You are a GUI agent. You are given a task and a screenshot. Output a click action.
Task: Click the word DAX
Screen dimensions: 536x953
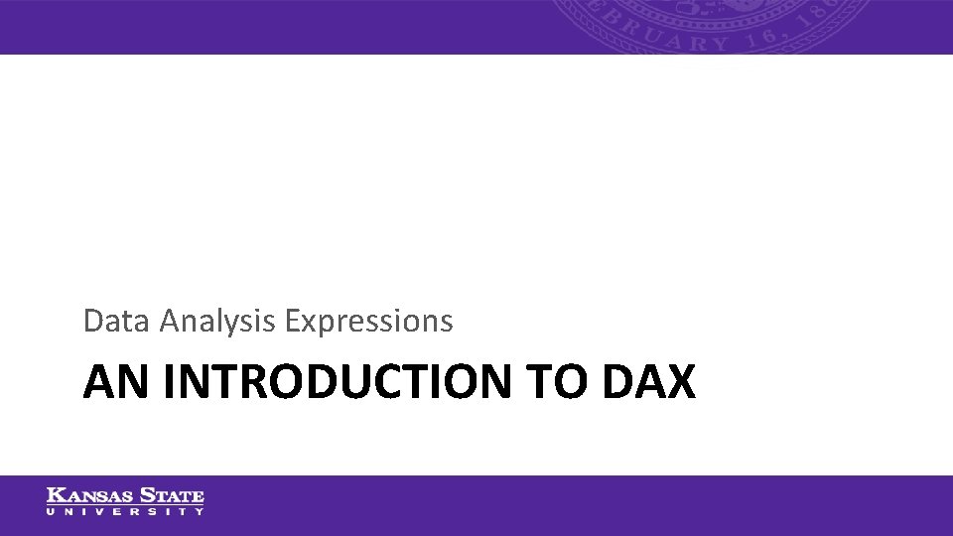(649, 382)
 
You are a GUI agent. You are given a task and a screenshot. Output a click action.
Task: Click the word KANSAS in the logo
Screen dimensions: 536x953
(89, 495)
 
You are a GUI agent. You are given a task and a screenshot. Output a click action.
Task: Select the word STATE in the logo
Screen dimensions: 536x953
(173, 495)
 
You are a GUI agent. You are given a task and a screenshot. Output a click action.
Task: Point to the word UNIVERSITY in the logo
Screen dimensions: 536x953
(125, 511)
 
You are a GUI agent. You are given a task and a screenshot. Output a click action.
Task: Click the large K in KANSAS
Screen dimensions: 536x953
(55, 495)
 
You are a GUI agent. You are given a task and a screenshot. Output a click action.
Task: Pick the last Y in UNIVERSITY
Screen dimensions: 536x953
(200, 511)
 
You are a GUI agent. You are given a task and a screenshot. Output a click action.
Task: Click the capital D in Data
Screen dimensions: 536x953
(92, 321)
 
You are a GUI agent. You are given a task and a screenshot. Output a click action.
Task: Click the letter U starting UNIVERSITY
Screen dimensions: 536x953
(51, 511)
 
